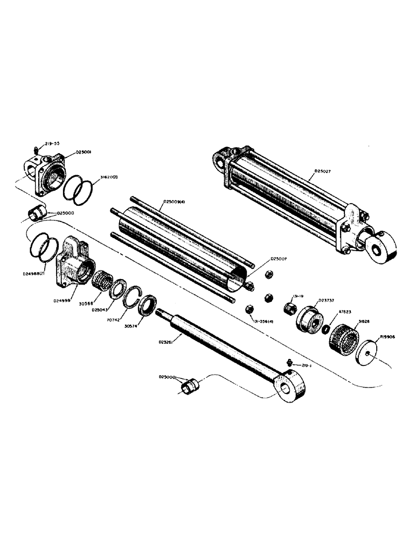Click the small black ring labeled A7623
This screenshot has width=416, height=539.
click(x=325, y=329)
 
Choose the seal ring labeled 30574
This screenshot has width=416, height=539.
click(x=145, y=308)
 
